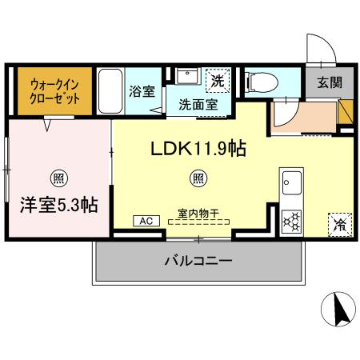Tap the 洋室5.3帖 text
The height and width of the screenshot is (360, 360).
(59, 206)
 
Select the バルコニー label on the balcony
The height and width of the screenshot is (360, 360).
(199, 261)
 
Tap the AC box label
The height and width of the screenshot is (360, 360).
(146, 221)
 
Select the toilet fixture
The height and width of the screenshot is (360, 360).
(261, 81)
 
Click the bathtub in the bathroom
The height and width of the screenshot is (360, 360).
(110, 91)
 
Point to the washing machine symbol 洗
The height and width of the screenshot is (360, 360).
(217, 80)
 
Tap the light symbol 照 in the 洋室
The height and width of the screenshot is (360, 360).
(58, 177)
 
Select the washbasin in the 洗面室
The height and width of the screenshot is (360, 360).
(189, 77)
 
